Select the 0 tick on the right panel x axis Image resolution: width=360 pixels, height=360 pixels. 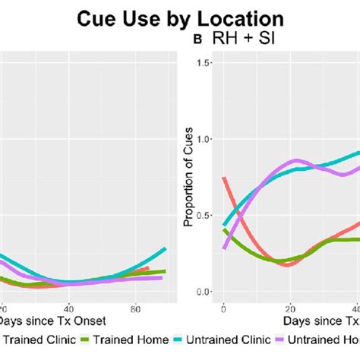click(223, 309)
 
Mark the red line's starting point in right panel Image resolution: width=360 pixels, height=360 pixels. click(223, 178)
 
